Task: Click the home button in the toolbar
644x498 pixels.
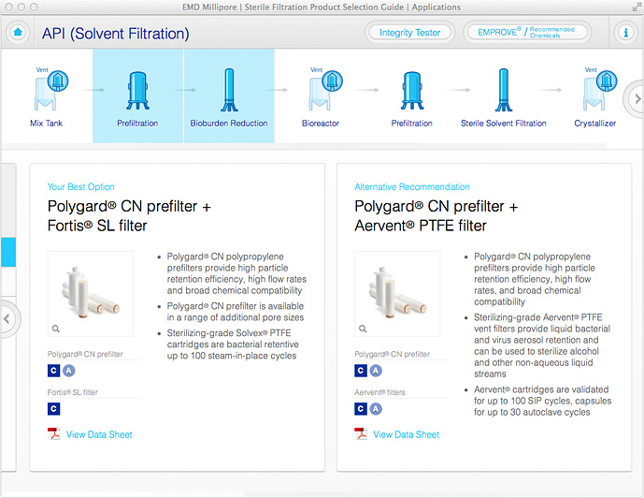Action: pos(18,32)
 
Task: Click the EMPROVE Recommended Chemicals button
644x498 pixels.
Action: pos(527,32)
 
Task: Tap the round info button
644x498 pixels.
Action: pos(625,32)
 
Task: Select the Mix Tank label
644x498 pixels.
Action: pos(46,123)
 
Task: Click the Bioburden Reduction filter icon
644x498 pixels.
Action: pos(229,90)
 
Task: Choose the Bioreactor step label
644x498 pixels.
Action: pos(321,123)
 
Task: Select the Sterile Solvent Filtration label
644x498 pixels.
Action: pos(504,123)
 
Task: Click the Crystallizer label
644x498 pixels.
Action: pos(595,124)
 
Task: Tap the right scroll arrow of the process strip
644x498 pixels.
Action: pos(637,98)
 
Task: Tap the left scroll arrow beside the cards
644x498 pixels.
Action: pos(7,318)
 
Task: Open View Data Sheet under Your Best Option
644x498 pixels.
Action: pos(99,434)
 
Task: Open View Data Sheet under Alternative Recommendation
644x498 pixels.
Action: pos(407,434)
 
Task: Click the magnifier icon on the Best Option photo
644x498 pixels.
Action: pos(56,329)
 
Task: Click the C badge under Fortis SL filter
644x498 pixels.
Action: pos(53,409)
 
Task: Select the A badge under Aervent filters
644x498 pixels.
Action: pos(376,409)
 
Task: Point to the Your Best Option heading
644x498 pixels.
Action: pos(81,186)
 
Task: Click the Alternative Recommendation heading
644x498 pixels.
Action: pos(412,186)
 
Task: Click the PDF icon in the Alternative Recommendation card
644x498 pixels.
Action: pos(361,433)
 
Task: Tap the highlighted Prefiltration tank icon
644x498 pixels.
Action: pos(137,91)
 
